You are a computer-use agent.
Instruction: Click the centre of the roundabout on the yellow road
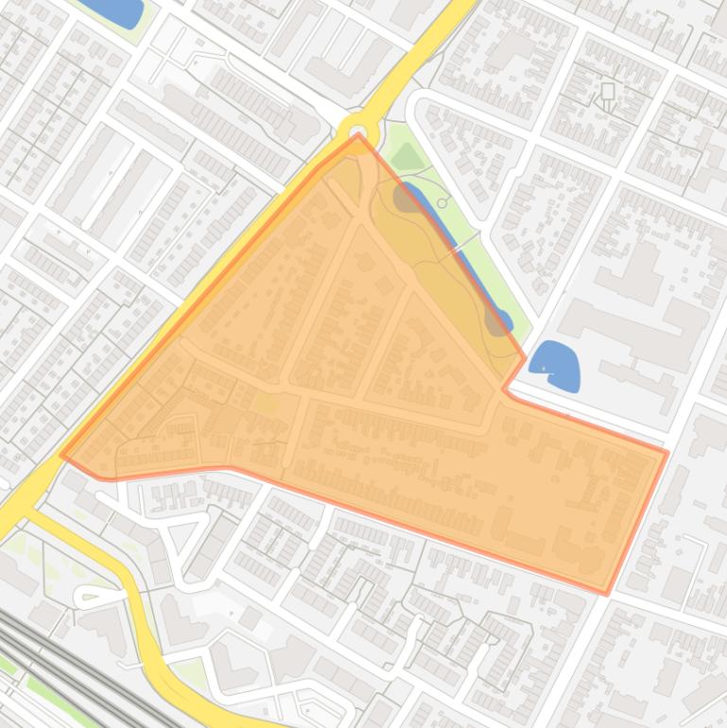358,132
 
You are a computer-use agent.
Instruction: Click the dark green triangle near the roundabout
407,156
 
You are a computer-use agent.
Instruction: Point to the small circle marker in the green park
442,203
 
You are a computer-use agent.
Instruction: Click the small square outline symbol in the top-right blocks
608,92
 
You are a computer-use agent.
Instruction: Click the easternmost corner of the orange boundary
667,453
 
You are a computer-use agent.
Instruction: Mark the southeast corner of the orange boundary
606,594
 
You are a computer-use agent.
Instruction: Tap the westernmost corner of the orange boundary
61,455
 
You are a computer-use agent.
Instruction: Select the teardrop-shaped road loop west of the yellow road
97,597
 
